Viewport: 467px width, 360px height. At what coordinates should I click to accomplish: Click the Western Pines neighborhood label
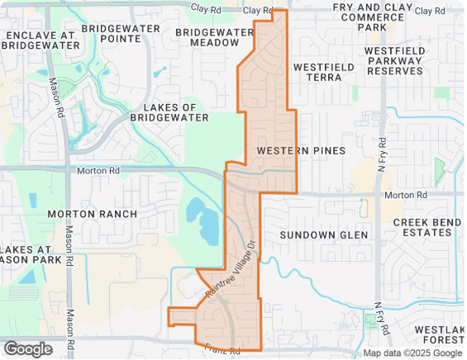(294, 151)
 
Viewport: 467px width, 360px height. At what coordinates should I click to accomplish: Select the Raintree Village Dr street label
(230, 272)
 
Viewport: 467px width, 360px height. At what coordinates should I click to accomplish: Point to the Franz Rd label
(222, 350)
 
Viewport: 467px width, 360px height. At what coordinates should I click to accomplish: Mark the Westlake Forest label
(441, 335)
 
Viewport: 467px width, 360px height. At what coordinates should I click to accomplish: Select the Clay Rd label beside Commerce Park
(435, 10)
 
